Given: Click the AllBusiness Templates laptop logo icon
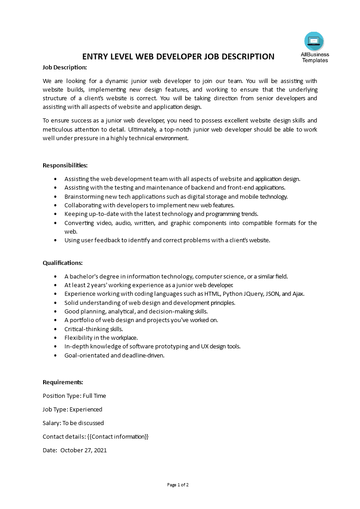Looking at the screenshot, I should click(314, 41).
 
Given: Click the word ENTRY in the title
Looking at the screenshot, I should click(94, 57).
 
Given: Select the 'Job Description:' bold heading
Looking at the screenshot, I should click(64, 67).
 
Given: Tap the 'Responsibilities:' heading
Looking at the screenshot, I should click(65, 165).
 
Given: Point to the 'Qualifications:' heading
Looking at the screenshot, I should click(63, 263).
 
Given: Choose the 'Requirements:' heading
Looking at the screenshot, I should click(63, 382).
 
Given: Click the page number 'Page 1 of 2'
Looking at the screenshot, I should click(178, 485).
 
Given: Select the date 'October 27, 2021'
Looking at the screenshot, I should click(84, 450).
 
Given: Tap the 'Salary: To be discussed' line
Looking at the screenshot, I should click(73, 423).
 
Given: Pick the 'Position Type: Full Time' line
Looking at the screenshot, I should click(74, 396).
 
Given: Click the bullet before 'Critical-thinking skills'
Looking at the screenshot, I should click(55, 329).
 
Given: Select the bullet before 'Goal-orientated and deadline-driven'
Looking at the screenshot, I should click(55, 356).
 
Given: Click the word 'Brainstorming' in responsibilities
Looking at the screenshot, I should click(83, 196).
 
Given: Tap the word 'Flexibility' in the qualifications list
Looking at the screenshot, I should click(79, 338).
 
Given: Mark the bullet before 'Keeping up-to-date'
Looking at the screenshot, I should click(55, 214).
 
